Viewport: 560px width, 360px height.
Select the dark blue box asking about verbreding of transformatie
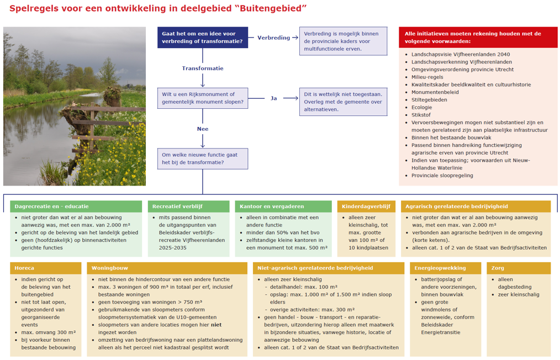point(203,38)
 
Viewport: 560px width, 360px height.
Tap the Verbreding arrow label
point(273,38)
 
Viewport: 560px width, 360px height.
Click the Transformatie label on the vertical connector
point(203,68)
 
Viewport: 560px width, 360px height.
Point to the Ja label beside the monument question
point(273,98)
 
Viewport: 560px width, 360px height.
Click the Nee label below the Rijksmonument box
point(203,129)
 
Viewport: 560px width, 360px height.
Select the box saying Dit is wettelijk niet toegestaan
point(343,102)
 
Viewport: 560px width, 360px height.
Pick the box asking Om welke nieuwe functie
point(203,158)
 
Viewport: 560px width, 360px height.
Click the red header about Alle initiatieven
point(478,38)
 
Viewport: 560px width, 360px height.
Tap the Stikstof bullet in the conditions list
point(421,115)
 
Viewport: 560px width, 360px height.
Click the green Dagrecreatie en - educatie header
point(76,207)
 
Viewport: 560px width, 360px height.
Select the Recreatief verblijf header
point(188,207)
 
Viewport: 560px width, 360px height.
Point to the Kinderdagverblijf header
point(366,207)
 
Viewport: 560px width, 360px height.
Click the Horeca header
point(46,268)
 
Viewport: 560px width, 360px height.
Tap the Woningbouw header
point(167,268)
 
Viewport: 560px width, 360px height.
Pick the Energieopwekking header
point(445,268)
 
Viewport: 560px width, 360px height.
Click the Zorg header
point(519,268)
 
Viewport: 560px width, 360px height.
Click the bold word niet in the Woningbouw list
point(216,325)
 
